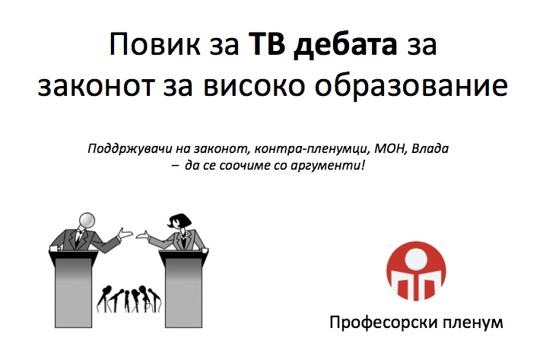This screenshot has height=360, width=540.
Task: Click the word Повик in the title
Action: [154, 43]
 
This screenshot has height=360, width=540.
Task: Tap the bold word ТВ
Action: [267, 43]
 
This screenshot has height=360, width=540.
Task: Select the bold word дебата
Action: [345, 45]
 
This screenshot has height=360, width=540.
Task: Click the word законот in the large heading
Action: [96, 85]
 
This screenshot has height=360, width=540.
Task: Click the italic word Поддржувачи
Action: [129, 149]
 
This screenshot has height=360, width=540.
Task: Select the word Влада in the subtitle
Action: [430, 148]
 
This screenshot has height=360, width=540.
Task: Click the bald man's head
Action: [87, 221]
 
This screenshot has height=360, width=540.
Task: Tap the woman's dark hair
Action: [179, 220]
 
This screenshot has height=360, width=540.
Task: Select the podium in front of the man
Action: [73, 288]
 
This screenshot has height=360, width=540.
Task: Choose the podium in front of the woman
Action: [183, 288]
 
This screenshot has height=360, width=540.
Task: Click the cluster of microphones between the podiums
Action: [129, 298]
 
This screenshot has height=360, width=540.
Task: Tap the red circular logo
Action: [416, 271]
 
